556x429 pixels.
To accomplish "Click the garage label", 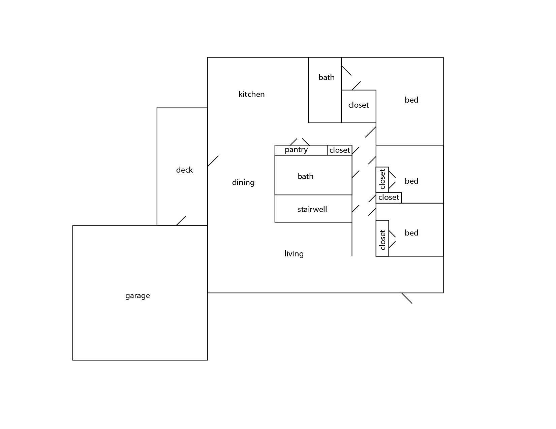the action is [137, 296].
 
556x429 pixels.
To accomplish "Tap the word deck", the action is [184, 170].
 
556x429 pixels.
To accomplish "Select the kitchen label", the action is [251, 94].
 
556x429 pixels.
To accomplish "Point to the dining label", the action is [243, 182].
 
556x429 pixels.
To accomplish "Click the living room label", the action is [294, 254].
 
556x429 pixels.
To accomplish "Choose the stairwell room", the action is [313, 209].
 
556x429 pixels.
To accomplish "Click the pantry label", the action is [296, 149].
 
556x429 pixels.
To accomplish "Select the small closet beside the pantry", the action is [340, 150].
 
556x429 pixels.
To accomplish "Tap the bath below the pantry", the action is [313, 175].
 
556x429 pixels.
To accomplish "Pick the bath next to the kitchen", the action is [325, 90].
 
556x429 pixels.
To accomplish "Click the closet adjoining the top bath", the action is [359, 106].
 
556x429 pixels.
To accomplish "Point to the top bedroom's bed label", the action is [411, 100].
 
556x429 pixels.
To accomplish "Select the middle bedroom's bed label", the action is [411, 181].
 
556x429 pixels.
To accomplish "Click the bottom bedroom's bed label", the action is [411, 233].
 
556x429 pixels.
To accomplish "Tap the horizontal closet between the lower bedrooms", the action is [389, 198].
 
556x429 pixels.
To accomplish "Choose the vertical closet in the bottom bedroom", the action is [382, 238].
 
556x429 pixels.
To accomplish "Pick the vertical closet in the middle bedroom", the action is [382, 180].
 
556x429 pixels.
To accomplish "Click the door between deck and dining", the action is [213, 161].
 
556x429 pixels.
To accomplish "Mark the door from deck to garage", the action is [181, 220].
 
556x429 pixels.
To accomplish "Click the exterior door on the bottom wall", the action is [407, 298].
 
